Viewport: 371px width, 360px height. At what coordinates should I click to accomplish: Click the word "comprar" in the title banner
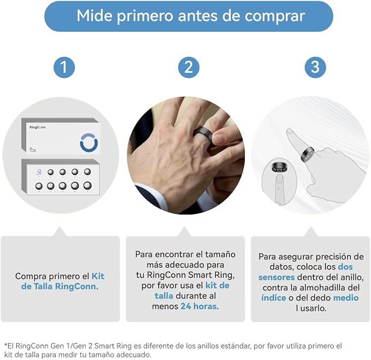pos(274,16)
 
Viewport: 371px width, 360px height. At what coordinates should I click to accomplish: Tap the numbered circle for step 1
pos(64,67)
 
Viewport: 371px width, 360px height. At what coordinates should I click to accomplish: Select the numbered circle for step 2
pos(189,67)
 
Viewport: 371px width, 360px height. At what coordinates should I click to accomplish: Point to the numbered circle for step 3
pos(315,67)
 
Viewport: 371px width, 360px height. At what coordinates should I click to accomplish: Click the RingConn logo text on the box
pos(37,127)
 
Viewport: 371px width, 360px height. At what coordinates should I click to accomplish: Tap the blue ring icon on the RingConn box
pos(89,143)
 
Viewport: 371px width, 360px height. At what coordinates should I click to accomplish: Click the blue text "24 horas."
pos(199,306)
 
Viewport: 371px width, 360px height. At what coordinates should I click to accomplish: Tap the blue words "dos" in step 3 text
pos(345,267)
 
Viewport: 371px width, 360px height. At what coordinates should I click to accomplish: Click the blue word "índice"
pos(274,298)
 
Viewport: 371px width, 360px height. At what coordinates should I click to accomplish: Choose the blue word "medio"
pos(346,298)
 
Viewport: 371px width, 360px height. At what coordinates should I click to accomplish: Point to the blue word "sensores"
pos(276,277)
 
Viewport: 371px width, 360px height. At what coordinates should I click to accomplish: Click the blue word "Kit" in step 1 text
pos(98,276)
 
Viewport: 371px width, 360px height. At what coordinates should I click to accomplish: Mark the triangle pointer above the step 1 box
pos(60,231)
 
